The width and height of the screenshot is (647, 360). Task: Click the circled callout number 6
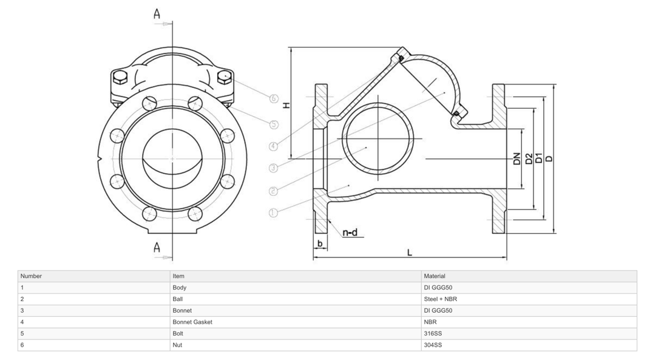274,98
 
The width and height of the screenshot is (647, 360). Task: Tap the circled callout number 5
274,124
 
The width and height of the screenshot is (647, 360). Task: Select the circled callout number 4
274,146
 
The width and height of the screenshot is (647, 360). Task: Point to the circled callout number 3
273,168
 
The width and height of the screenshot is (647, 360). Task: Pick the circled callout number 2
273,191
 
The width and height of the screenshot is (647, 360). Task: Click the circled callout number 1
273,213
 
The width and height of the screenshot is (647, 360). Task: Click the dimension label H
286,104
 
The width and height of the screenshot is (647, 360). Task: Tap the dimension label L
410,253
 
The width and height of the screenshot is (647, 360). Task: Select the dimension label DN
517,159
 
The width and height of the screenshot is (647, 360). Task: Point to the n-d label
350,233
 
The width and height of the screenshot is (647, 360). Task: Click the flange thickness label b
320,244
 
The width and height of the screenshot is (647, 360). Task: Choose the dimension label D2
529,159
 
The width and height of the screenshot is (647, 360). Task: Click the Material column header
435,276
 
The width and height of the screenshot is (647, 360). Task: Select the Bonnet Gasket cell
192,322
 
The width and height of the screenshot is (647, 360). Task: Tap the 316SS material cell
433,333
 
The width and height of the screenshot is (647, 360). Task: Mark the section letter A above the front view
157,14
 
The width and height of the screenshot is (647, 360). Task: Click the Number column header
31,276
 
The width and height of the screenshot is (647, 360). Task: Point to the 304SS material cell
433,345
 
